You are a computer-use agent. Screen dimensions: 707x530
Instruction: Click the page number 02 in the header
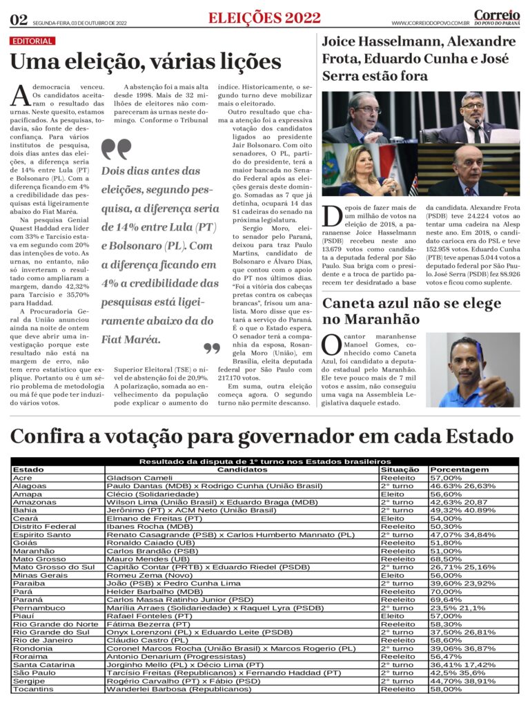19,19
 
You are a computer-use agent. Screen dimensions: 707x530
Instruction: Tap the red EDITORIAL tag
32,41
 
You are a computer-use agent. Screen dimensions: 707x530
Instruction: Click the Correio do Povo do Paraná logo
497,17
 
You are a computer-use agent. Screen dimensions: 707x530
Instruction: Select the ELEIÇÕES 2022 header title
264,18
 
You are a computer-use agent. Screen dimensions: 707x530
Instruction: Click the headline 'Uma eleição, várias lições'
146,62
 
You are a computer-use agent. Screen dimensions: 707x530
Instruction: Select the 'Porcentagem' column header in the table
459,469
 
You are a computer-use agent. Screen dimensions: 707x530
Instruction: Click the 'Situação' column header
400,469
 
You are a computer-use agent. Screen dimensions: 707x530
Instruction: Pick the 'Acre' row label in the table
22,478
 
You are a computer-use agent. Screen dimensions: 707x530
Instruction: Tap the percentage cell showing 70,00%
446,592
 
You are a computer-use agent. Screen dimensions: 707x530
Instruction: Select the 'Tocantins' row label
32,689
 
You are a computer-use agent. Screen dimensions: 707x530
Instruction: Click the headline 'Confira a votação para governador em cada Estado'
262,436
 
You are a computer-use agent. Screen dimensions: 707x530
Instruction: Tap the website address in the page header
430,23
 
